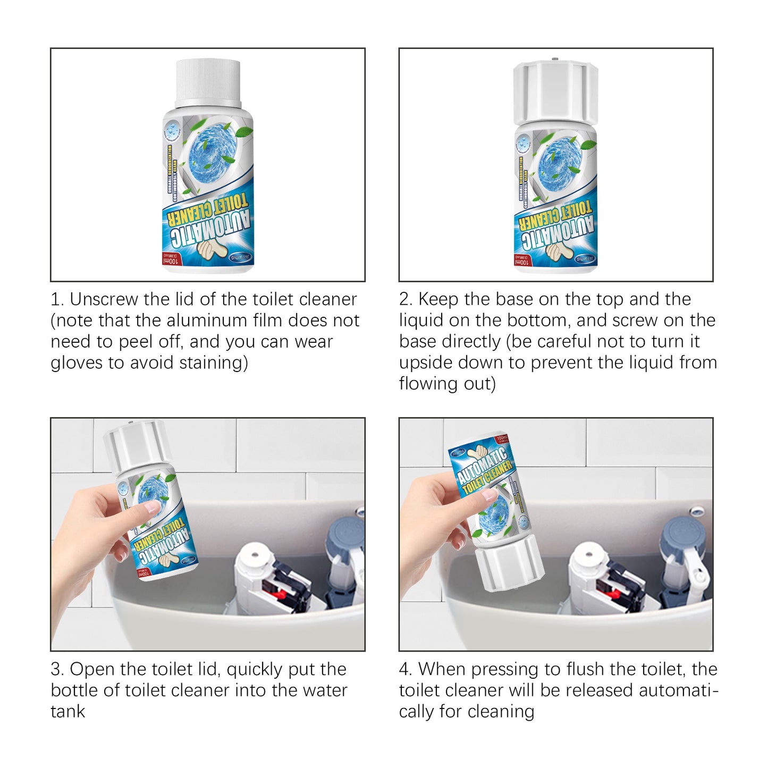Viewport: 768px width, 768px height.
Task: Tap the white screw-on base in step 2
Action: (x=555, y=91)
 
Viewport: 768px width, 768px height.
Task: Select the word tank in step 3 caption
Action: (x=67, y=712)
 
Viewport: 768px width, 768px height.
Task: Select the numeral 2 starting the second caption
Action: (x=404, y=300)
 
